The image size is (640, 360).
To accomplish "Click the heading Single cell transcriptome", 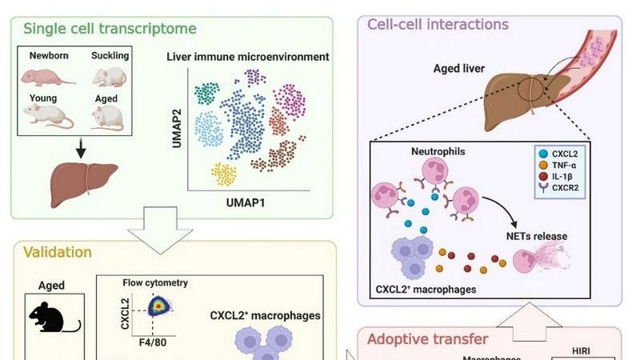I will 110,29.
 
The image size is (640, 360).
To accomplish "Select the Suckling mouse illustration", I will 110,77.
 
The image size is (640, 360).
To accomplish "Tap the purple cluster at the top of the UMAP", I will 256,77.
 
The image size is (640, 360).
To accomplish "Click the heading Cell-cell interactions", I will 438,24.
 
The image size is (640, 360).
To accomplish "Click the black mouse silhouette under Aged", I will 54,317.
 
